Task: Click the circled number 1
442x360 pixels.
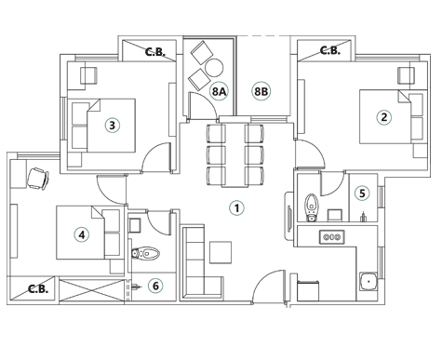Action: click(236, 208)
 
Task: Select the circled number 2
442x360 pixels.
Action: click(383, 117)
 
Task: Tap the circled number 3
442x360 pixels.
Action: click(112, 126)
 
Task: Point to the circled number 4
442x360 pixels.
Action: click(82, 235)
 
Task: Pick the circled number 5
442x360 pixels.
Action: click(362, 193)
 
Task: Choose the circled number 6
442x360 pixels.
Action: click(155, 286)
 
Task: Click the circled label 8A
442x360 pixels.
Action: click(219, 91)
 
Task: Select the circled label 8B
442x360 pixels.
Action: click(261, 91)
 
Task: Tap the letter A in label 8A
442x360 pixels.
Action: click(222, 91)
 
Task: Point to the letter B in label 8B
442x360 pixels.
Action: click(265, 91)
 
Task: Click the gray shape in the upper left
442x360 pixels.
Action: click(154, 51)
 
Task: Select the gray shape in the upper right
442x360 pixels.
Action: click(329, 50)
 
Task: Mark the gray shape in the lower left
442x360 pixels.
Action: click(36, 288)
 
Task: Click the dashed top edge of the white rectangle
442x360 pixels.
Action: click(263, 36)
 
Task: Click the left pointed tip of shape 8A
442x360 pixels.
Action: click(205, 90)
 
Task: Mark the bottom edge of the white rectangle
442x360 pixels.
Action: click(263, 114)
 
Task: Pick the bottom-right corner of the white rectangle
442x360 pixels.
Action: click(289, 114)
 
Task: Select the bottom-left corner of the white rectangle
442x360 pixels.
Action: click(237, 114)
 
